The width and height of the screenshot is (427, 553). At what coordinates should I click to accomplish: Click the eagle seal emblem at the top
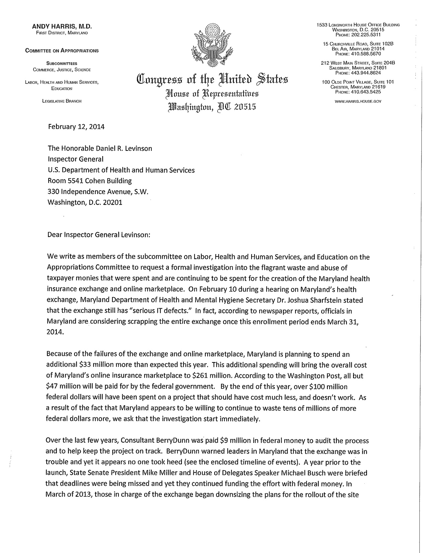pos(212,46)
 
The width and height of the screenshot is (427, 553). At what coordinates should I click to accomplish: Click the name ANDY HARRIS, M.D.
pos(62,26)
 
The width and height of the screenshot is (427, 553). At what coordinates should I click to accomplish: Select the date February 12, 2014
pos(76,127)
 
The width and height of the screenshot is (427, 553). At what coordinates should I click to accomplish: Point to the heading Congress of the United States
pos(212,81)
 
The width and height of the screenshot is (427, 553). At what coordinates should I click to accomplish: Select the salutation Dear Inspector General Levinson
pos(99,235)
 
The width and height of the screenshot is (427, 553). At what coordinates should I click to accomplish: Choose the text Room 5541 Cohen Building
pos(90,181)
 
